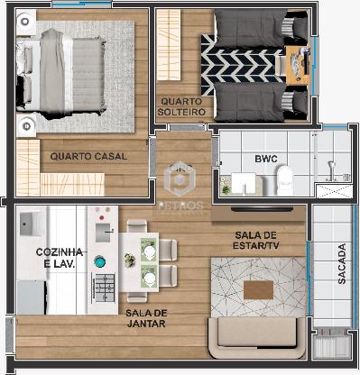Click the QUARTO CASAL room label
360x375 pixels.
pyautogui.click(x=88, y=156)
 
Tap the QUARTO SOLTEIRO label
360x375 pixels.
pyautogui.click(x=181, y=106)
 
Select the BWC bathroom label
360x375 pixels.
pyautogui.click(x=266, y=159)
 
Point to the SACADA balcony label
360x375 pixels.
pyautogui.click(x=342, y=263)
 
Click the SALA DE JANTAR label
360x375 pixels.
pyautogui.click(x=146, y=318)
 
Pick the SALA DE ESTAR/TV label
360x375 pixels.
pyautogui.click(x=256, y=240)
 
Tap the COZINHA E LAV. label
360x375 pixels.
pyautogui.click(x=60, y=258)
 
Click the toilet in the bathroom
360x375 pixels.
pyautogui.click(x=284, y=180)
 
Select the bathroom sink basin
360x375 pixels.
pyautogui.click(x=244, y=183)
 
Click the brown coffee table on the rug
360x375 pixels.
pyautogui.click(x=258, y=290)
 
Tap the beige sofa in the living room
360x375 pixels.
pyautogui.click(x=257, y=337)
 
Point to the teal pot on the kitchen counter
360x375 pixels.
pyautogui.click(x=99, y=261)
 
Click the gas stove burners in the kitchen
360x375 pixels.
pyautogui.click(x=104, y=288)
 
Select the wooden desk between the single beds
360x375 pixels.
pyautogui.click(x=298, y=65)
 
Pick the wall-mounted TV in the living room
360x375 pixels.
pyautogui.click(x=262, y=209)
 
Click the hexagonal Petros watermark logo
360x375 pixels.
pyautogui.click(x=180, y=179)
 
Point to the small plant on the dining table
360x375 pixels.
pyautogui.click(x=130, y=260)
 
